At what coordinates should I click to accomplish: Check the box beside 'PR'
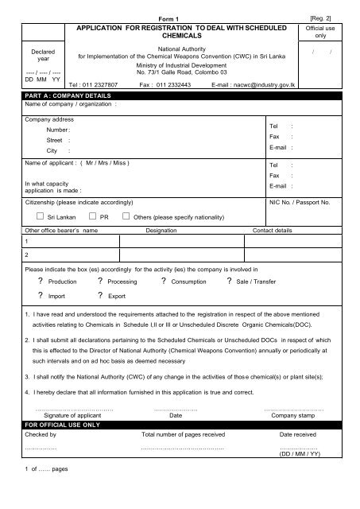pos(95,215)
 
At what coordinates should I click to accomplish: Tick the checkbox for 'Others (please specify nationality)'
pos(126,215)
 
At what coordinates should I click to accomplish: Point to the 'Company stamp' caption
pos(294,414)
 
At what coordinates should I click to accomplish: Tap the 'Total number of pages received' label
pos(182,435)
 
